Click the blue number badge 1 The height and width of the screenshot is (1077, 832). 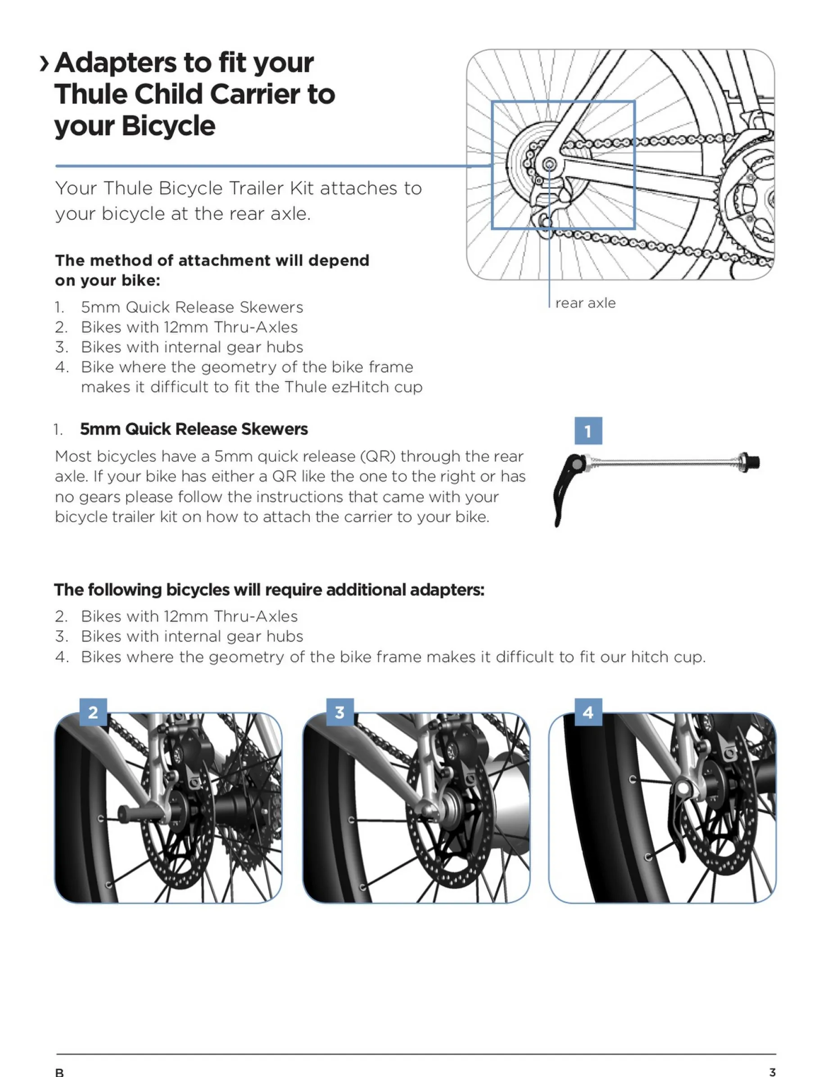[588, 431]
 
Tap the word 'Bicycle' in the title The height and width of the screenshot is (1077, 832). [168, 126]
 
